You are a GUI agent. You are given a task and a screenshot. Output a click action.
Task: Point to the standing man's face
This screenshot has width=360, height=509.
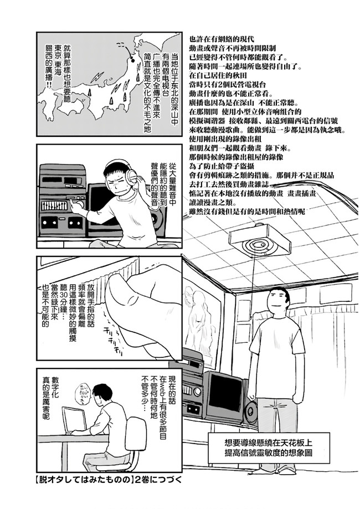(277, 301)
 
